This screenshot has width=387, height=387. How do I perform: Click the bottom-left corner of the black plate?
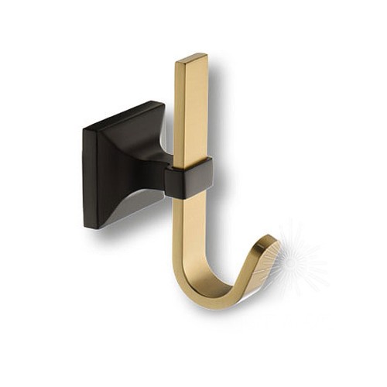tap(87, 227)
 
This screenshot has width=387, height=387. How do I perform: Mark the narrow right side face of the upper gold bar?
tap(206, 108)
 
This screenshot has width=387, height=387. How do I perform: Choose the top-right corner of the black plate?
tap(163, 104)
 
